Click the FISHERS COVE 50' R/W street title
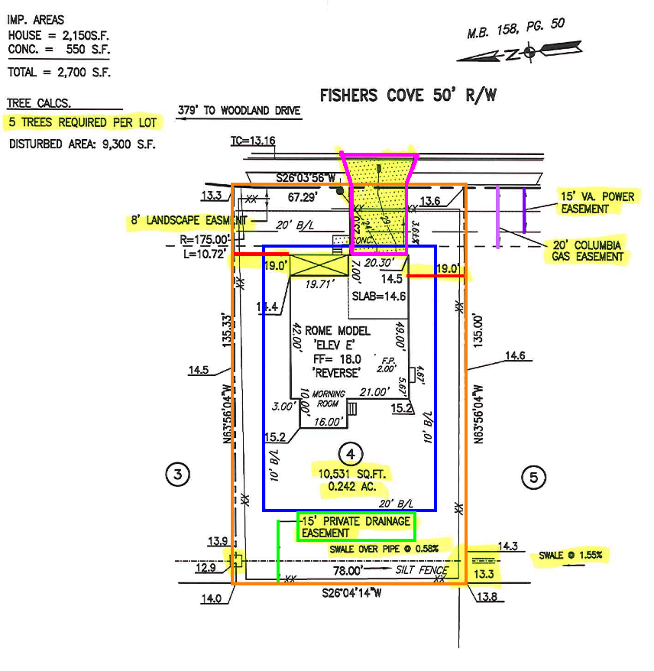408,96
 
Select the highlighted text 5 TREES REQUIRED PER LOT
82,122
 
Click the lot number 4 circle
350,453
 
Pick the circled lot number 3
177,475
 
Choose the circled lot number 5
533,478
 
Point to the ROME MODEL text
338,330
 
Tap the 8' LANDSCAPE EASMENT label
189,222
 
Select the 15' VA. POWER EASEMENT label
597,203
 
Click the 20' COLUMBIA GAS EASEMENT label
588,250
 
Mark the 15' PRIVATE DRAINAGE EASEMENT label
355,527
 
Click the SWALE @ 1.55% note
569,555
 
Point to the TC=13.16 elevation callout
252,141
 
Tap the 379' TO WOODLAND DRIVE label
238,111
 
